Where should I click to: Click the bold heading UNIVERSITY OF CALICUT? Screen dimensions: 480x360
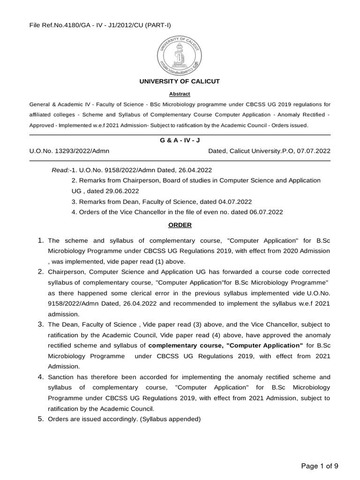[x=180, y=82]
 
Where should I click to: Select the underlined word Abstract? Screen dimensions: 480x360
[x=180, y=94]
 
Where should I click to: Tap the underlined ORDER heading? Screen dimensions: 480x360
[x=180, y=225]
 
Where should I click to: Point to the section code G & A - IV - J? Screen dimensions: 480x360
[x=180, y=141]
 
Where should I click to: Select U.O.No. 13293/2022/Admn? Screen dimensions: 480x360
[x=69, y=151]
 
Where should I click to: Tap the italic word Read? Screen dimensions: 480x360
[x=60, y=170]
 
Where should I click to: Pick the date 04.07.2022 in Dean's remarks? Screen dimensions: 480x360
[x=235, y=201]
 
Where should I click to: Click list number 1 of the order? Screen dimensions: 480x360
[x=41, y=240]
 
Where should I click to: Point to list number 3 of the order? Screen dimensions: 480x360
[x=41, y=324]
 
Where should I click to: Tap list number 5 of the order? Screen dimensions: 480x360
[x=41, y=419]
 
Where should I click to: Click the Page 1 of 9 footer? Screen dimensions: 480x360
[x=319, y=465]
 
